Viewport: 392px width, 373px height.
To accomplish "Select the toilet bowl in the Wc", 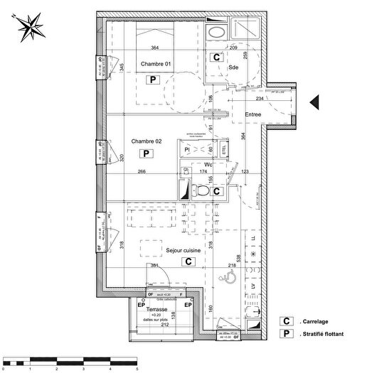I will click(202, 191).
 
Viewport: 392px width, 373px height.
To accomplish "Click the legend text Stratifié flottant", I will click(324, 335).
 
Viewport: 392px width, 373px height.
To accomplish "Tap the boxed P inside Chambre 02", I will click(145, 153).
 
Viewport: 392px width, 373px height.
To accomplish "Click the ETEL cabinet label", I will click(223, 149).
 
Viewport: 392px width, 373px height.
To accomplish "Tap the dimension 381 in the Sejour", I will click(154, 266).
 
